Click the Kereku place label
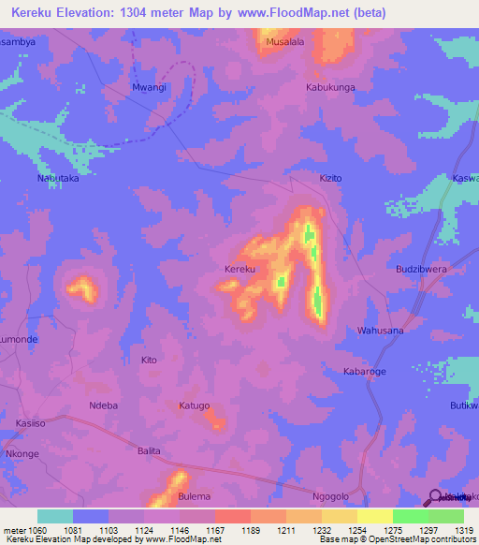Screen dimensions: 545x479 [240, 270]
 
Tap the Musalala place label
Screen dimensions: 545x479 [285, 42]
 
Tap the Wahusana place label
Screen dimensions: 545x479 [381, 331]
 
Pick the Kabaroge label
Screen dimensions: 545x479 [364, 372]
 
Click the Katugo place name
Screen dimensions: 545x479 [194, 405]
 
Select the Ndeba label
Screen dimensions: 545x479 [102, 405]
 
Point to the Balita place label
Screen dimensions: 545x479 [149, 451]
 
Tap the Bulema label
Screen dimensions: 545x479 [194, 496]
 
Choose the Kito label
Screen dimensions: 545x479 [148, 361]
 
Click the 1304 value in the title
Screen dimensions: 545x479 [149, 13]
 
